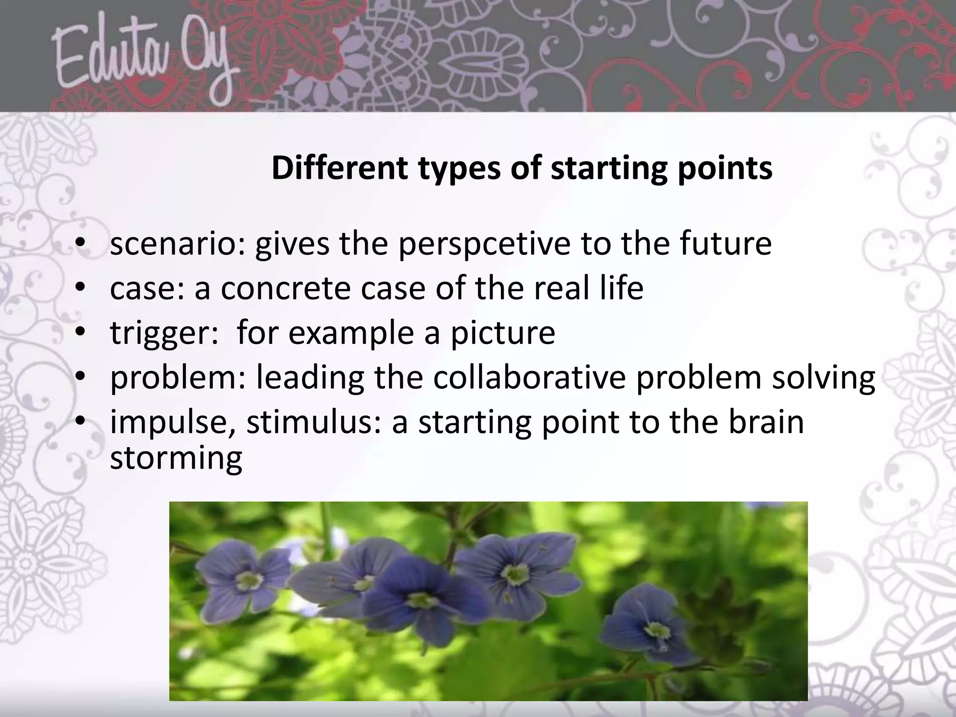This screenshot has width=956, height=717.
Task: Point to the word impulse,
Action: [173, 422]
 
